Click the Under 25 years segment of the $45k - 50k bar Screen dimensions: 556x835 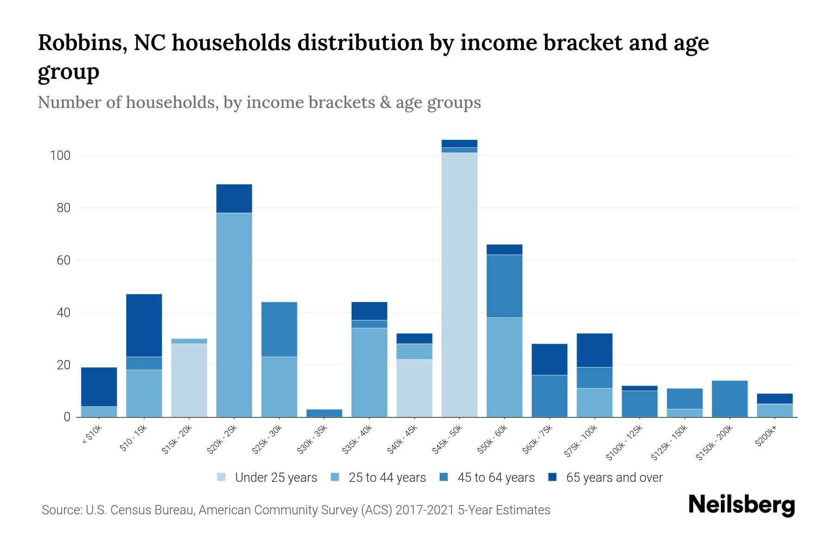tap(459, 284)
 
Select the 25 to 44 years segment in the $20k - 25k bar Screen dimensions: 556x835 tap(234, 315)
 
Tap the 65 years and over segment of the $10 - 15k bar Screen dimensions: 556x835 tap(144, 325)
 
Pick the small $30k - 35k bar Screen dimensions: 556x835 tap(324, 413)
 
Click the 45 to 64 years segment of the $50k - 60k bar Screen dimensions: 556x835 tap(504, 286)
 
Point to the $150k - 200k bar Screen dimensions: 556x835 tap(730, 398)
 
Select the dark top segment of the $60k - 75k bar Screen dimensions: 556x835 tap(549, 359)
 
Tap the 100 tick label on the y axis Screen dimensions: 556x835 tap(60, 156)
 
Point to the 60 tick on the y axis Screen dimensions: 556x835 tap(64, 260)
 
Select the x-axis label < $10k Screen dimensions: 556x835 tap(92, 436)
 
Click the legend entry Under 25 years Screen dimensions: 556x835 tap(276, 478)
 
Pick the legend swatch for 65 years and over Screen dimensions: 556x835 tap(552, 477)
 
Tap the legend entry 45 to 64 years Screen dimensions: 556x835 tap(495, 478)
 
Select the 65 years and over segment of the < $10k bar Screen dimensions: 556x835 tap(99, 386)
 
